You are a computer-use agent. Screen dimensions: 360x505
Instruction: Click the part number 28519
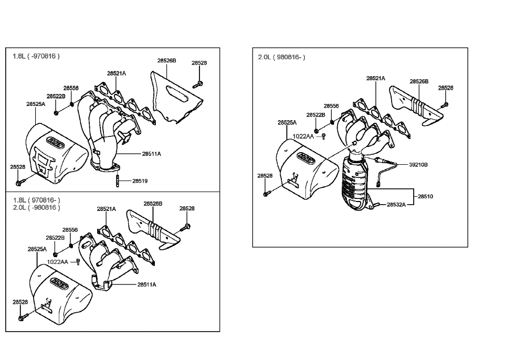click(x=140, y=181)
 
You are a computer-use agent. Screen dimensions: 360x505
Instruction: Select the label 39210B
click(x=418, y=164)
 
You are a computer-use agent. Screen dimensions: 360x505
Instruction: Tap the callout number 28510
click(x=426, y=196)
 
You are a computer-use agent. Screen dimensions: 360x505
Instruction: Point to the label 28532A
click(x=396, y=204)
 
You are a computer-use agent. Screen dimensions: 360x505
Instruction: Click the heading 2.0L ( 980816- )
click(x=281, y=57)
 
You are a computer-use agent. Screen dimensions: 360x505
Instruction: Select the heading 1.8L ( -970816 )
click(x=36, y=56)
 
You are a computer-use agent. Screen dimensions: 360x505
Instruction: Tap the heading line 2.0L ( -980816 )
click(x=36, y=207)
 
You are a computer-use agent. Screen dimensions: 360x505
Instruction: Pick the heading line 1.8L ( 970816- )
click(x=36, y=200)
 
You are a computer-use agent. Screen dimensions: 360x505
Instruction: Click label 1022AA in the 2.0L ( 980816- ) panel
click(x=303, y=136)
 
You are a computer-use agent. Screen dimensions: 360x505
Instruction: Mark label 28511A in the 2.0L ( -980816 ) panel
click(x=147, y=284)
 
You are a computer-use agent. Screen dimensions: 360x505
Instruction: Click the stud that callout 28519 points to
click(x=116, y=181)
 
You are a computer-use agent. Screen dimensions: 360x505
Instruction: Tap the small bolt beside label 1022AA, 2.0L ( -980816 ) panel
click(x=78, y=261)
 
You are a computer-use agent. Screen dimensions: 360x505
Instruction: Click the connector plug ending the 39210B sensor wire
click(x=378, y=184)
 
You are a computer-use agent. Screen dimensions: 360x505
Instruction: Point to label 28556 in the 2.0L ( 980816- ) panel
click(x=331, y=106)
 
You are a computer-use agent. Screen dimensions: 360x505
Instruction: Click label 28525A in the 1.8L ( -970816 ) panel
click(x=36, y=104)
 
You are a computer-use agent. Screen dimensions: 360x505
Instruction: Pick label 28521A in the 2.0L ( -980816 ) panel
click(x=106, y=209)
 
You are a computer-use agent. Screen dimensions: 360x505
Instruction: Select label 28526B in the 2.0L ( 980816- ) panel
click(x=419, y=81)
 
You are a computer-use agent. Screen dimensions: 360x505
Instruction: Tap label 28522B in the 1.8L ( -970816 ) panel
click(x=56, y=96)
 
